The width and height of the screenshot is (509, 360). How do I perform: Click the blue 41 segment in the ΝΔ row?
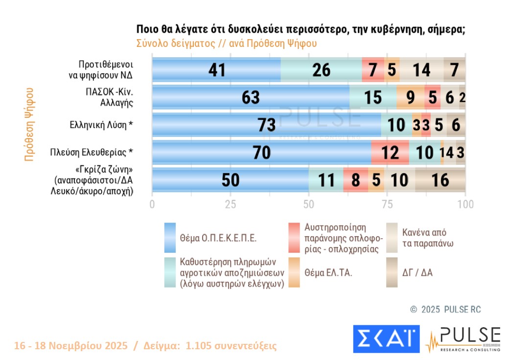point(216,69)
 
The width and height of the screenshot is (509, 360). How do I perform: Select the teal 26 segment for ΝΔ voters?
point(321,69)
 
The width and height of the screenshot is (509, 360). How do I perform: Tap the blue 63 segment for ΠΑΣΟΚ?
point(251,97)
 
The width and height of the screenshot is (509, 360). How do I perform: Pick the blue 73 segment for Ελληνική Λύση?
point(267,125)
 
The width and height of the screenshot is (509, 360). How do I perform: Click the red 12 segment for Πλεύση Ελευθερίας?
point(390,153)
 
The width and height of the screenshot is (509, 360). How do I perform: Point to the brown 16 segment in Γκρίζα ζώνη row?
point(440,180)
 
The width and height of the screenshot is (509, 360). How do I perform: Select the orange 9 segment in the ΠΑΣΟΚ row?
point(411,97)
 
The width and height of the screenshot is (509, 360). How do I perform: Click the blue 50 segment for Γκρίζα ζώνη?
point(230,180)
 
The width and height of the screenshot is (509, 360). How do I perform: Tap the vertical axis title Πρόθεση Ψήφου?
point(29,125)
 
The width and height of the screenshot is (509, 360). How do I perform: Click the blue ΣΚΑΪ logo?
point(386,339)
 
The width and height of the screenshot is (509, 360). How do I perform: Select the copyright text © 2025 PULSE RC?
point(445,310)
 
